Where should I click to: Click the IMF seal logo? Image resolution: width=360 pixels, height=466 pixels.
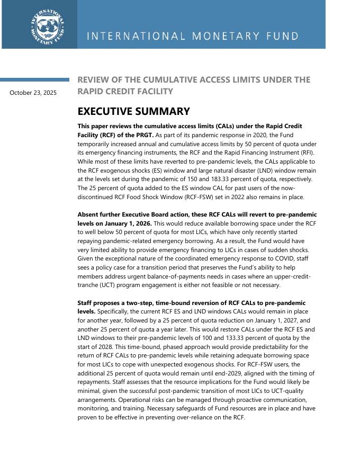[x=48, y=25]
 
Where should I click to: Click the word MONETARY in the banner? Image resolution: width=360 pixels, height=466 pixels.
[x=221, y=37]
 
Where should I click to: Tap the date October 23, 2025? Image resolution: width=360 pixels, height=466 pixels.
[x=33, y=93]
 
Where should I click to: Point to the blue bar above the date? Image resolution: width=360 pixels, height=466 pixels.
[x=34, y=80]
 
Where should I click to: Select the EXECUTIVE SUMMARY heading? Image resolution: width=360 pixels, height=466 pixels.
[x=133, y=112]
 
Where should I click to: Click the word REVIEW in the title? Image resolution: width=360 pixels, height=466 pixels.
[x=94, y=80]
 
